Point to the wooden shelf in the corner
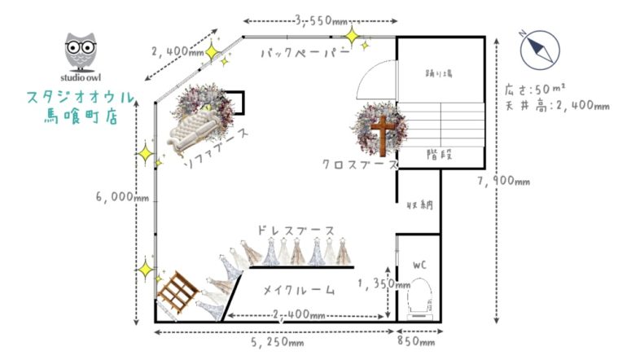[x=177, y=292]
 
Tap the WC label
[x=419, y=265]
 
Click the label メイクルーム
[x=300, y=289]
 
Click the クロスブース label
[x=360, y=164]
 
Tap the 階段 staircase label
[x=440, y=152]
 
